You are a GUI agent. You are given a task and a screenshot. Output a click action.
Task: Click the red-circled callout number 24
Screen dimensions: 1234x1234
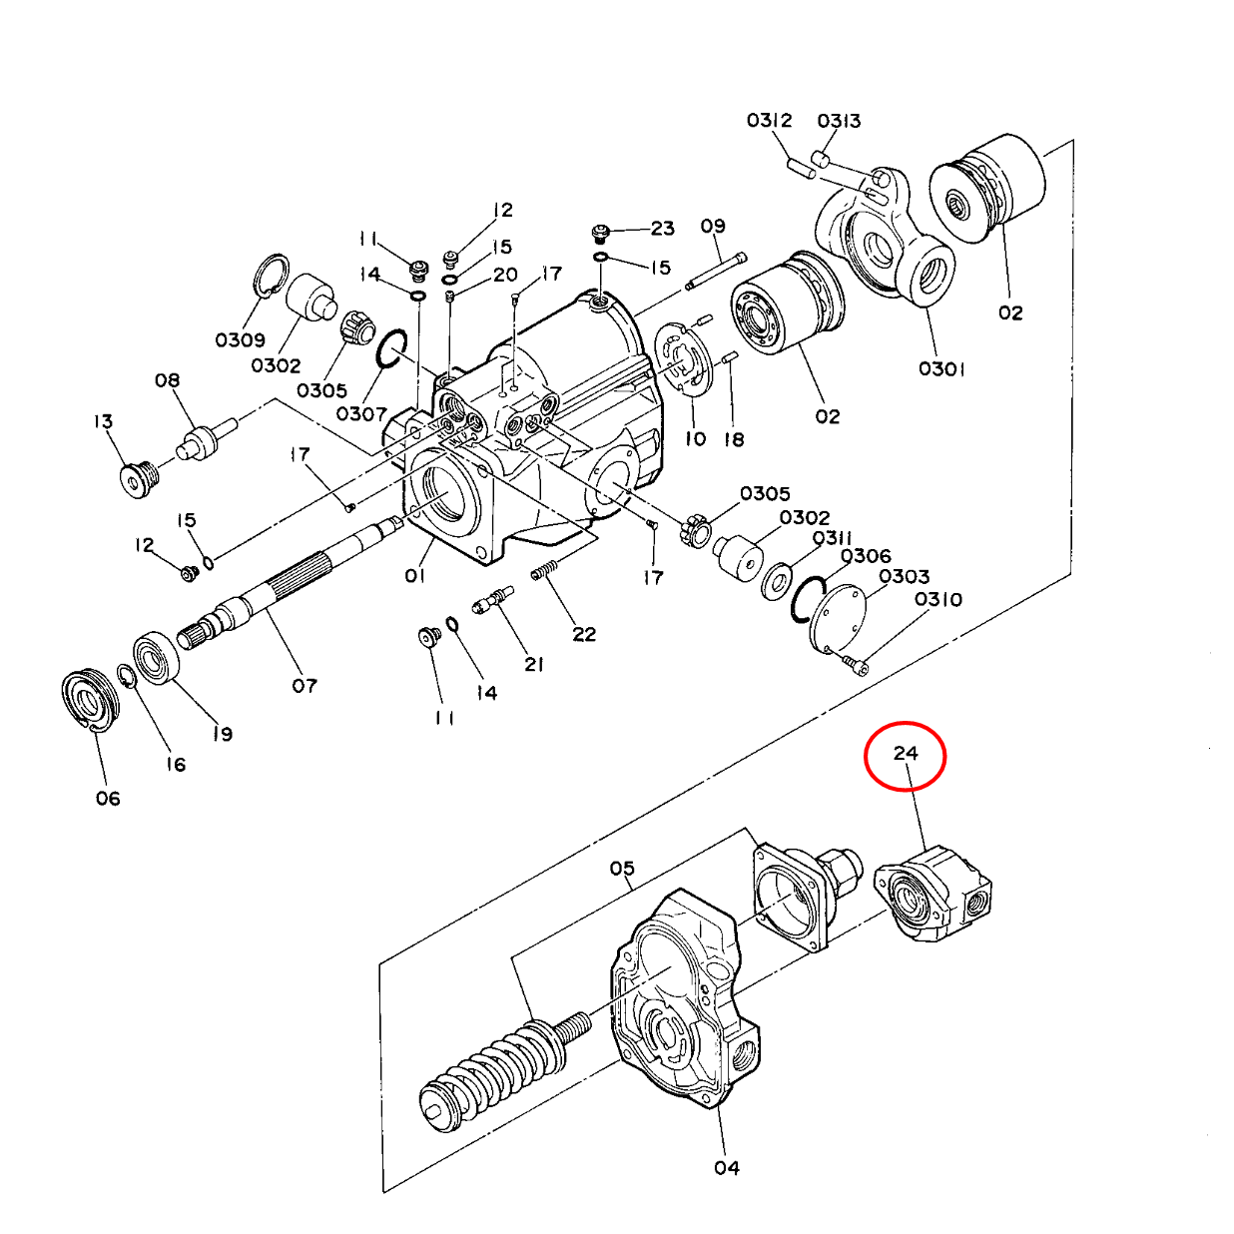tap(905, 753)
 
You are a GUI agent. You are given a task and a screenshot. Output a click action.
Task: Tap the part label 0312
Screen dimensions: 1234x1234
tap(769, 121)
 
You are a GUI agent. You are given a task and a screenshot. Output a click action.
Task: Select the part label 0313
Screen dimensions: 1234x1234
tap(839, 121)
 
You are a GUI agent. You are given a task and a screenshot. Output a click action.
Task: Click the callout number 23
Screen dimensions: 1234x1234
tap(662, 229)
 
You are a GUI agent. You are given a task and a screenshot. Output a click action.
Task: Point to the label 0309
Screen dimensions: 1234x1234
tap(241, 339)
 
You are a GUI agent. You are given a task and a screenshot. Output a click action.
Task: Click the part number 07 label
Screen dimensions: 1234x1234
tap(305, 687)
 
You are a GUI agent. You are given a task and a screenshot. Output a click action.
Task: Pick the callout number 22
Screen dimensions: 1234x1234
tap(584, 634)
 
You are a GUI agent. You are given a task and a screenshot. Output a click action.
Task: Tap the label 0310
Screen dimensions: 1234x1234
tap(938, 599)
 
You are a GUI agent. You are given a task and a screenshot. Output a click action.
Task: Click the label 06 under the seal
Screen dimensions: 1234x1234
tap(108, 799)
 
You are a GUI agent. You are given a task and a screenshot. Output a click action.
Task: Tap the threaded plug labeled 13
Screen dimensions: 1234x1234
tap(139, 477)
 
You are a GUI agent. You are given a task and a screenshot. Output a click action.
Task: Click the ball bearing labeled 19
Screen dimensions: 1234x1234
tap(157, 658)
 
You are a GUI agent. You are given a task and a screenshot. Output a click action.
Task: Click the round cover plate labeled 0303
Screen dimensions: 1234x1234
tap(837, 619)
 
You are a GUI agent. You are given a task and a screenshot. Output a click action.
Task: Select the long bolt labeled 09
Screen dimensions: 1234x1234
tap(716, 272)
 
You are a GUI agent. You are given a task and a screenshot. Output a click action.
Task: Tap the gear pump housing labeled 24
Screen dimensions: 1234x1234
tap(933, 895)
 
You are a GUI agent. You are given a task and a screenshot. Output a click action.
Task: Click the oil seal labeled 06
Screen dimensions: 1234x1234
tap(90, 700)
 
